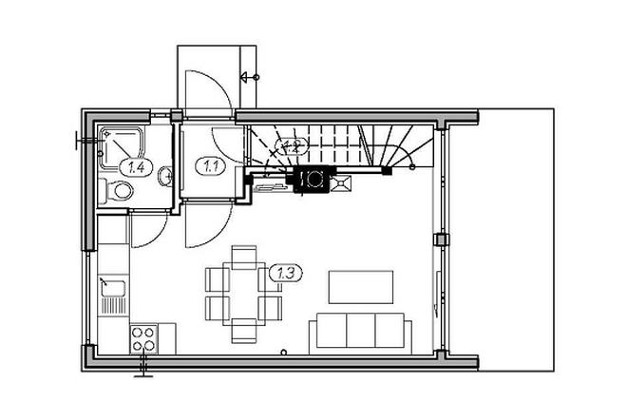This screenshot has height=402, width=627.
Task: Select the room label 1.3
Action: pos(287,274)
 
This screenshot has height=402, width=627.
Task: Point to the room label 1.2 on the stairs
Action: pos(291,146)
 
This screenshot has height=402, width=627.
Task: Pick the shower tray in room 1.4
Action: pos(122,143)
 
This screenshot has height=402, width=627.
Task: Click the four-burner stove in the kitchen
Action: pos(143,336)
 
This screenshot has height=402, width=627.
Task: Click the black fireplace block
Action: pos(313,179)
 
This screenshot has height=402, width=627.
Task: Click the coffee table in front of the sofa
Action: pos(361,287)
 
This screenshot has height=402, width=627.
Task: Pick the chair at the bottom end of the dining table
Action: pos(245,334)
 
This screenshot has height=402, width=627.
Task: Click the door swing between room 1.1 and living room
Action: pos(205,225)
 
